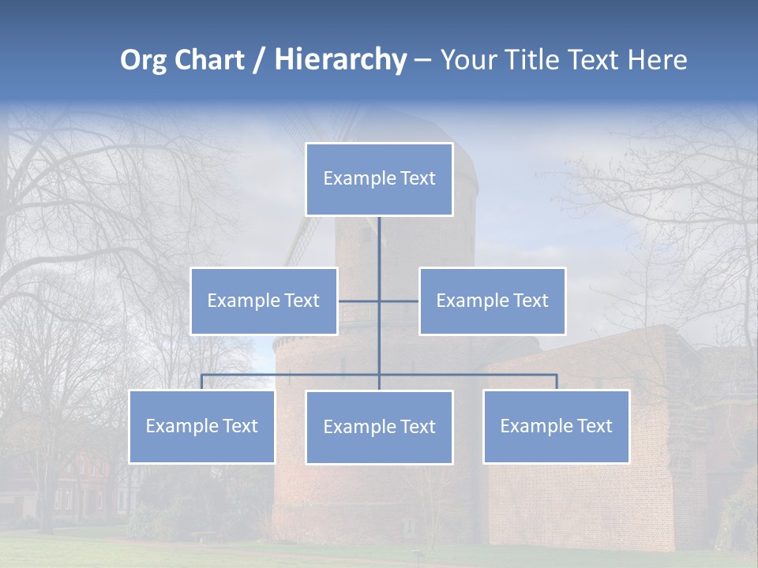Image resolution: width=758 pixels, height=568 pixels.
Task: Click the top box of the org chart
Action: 379,179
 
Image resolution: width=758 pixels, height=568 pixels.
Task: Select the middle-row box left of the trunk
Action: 264,301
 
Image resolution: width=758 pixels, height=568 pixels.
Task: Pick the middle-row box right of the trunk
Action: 493,301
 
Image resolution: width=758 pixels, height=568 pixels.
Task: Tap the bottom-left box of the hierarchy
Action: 202,426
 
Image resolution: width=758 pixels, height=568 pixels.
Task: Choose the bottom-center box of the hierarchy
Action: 379,427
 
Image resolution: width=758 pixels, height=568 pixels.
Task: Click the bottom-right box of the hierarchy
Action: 557,426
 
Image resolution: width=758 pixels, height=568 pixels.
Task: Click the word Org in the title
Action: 142,60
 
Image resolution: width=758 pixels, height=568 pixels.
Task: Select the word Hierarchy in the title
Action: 340,60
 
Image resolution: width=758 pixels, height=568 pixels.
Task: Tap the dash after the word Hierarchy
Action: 422,61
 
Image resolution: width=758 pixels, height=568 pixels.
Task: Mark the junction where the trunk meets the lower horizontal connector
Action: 379,375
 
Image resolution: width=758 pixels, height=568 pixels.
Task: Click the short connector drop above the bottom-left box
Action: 201,382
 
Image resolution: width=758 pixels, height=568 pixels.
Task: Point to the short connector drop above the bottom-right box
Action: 557,382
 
